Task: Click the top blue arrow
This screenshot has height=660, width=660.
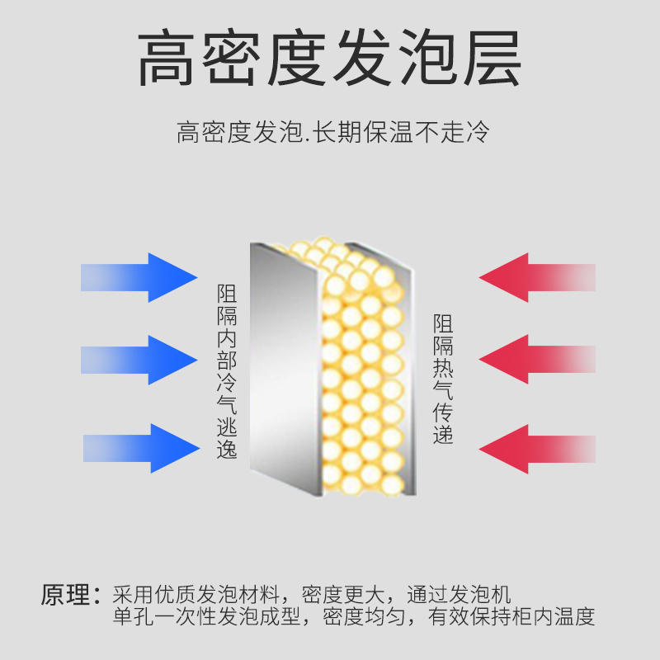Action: point(140,277)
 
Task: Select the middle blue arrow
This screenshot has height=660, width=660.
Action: point(140,360)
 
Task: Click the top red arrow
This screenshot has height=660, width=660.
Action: point(536,277)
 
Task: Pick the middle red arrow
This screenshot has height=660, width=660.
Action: point(536,359)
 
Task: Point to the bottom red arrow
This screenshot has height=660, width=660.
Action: point(536,449)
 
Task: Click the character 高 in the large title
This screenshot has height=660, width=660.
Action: point(168,60)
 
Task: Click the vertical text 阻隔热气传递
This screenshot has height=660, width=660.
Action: point(443,379)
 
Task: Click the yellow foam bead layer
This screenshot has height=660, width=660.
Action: point(363,363)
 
